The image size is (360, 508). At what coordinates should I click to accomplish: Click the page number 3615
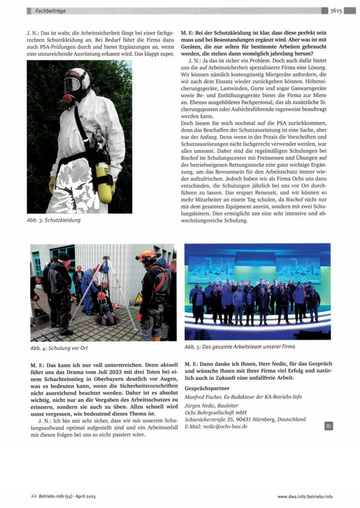tap(336, 10)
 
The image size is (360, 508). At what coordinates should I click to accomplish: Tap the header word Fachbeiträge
tap(51, 10)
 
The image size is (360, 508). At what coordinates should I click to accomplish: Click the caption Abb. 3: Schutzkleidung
tap(53, 220)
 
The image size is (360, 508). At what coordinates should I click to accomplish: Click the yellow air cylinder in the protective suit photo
tap(104, 183)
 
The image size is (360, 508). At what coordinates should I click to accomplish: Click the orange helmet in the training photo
tap(146, 254)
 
